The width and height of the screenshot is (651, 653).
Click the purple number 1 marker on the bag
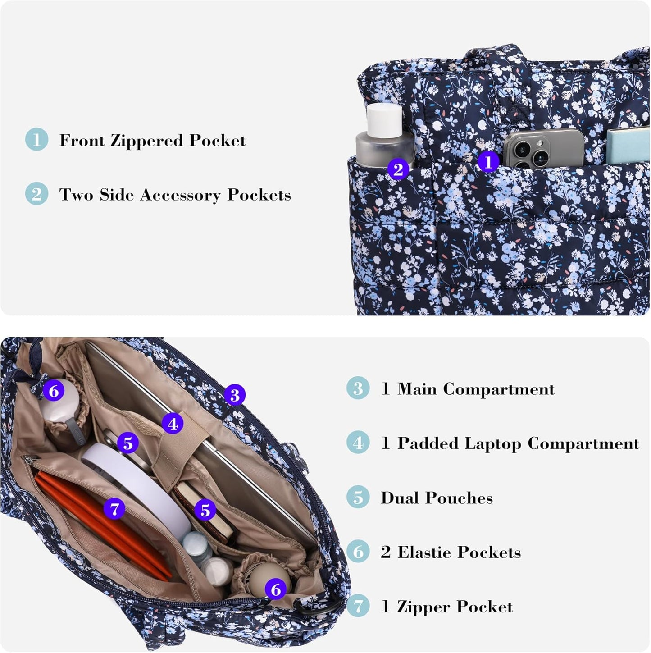point(488,162)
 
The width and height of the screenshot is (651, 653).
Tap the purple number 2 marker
point(398,169)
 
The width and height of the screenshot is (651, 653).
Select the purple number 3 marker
point(235,395)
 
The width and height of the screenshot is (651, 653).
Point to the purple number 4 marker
point(173,424)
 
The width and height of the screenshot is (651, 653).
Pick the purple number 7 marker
point(114,509)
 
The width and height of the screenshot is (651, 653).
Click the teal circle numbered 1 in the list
point(36,139)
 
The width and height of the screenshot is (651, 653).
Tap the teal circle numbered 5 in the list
point(358,497)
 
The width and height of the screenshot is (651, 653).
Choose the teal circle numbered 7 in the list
point(358,606)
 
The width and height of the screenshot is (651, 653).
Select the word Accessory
point(180,195)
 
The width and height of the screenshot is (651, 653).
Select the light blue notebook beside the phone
point(628,145)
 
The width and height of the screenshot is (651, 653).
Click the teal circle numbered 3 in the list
point(358,388)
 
